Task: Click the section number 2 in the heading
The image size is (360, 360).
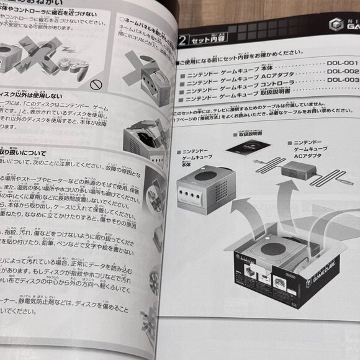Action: pos(181,42)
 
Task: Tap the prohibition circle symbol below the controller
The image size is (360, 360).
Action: pos(95,83)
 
